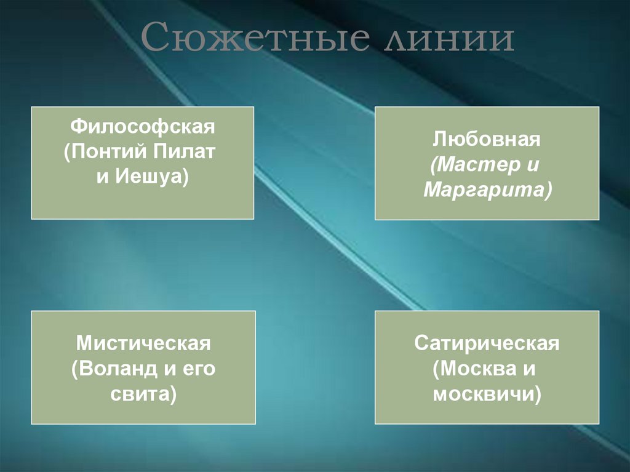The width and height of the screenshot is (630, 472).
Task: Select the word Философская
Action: pyautogui.click(x=143, y=129)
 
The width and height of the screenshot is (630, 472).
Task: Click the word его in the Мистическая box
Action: pyautogui.click(x=199, y=368)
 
